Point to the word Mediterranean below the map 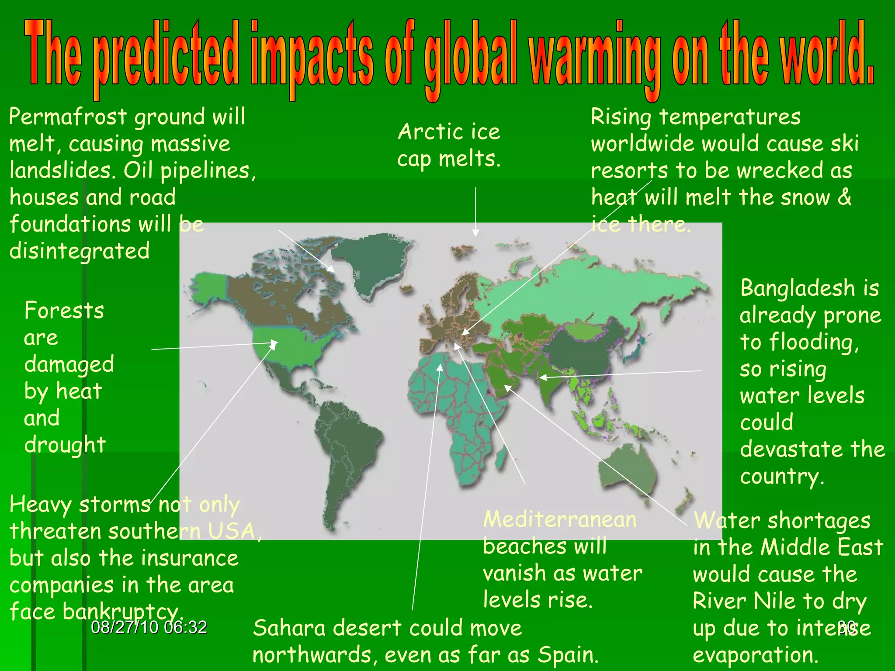pos(559,519)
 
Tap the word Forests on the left pos(64,311)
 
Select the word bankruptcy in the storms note pos(121,612)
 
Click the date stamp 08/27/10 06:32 pos(149,627)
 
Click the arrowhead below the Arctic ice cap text pos(475,233)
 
